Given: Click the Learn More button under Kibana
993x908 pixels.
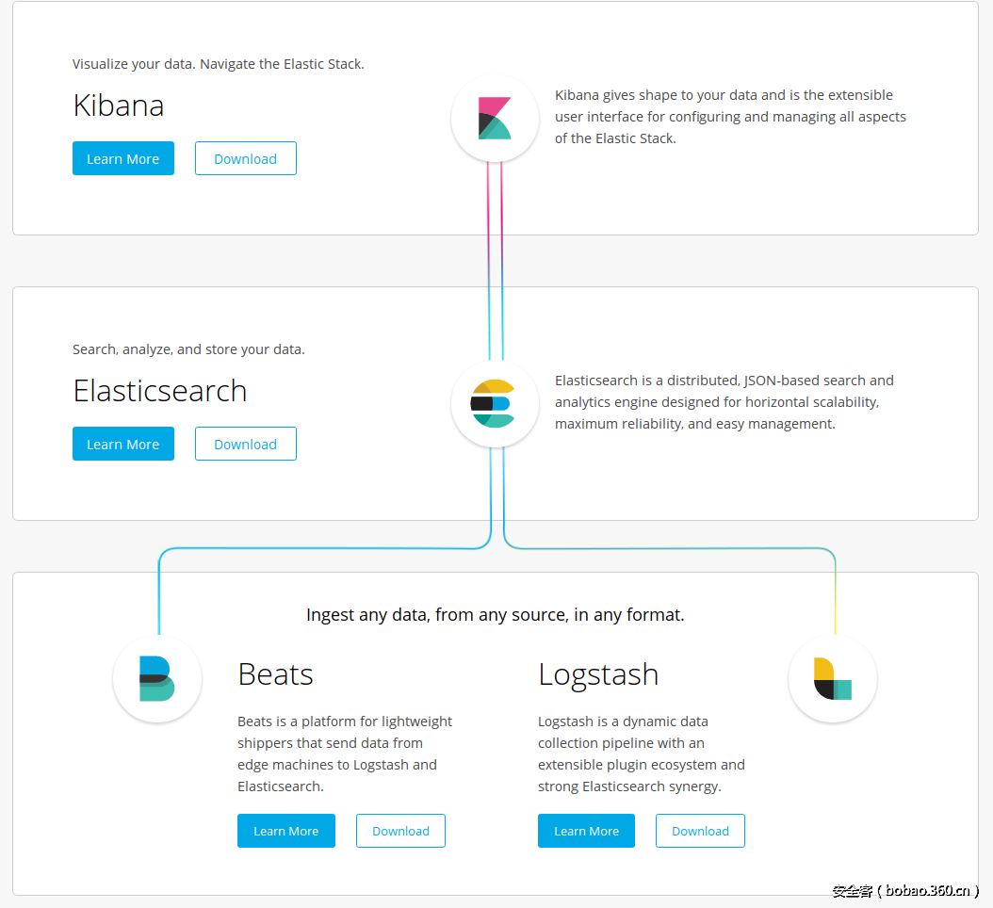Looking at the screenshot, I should click(123, 158).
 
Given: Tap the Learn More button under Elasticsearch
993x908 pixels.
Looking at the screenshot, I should click(123, 444).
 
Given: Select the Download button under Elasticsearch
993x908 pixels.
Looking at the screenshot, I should click(246, 444).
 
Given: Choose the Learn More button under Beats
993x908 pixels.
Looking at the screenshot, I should click(286, 831).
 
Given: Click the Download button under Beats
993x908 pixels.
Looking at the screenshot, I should click(400, 831).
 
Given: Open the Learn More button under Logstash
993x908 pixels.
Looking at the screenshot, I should click(586, 831).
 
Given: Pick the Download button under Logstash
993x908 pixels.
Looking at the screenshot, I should click(700, 831).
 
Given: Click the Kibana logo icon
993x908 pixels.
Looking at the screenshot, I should click(495, 119).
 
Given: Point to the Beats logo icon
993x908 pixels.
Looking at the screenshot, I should click(156, 679).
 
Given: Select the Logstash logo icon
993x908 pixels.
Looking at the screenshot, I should click(833, 679).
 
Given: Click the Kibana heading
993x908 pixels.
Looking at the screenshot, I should click(119, 105).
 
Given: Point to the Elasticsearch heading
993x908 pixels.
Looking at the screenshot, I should click(160, 391).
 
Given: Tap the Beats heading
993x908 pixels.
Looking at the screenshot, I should click(275, 674).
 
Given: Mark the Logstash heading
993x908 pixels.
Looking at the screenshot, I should click(598, 674).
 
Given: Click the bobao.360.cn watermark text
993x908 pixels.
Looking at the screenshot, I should click(927, 890).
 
